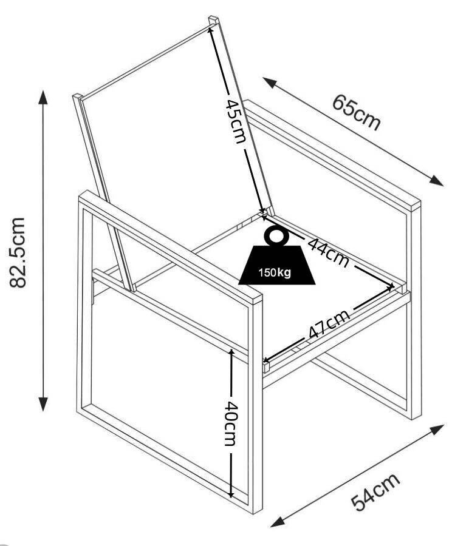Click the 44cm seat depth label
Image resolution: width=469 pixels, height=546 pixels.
[328, 252]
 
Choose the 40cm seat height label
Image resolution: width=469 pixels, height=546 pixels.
[230, 423]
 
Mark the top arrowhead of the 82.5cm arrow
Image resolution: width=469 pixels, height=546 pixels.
[43, 96]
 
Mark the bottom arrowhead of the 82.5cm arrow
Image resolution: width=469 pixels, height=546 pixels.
[43, 405]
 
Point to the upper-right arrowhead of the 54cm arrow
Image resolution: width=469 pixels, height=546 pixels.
[439, 428]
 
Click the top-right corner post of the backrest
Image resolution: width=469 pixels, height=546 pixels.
[213, 21]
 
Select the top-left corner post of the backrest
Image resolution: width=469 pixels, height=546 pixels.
[77, 98]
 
